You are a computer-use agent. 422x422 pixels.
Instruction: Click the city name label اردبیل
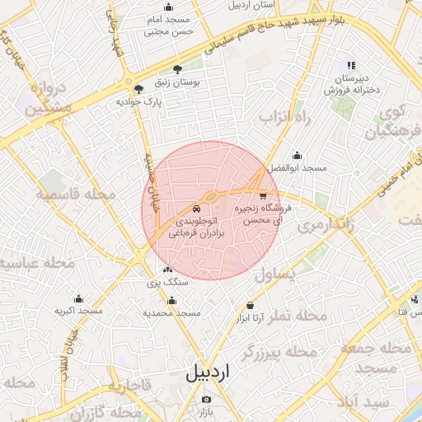click(x=210, y=372)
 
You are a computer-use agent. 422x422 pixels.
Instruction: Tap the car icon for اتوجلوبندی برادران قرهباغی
click(x=195, y=208)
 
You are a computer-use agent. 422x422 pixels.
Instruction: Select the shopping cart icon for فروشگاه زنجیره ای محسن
click(x=262, y=196)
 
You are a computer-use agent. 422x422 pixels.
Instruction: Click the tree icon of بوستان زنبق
click(x=177, y=70)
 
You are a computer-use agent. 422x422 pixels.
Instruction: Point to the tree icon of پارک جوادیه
click(x=137, y=89)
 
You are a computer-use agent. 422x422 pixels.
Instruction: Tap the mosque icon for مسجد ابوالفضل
click(x=297, y=156)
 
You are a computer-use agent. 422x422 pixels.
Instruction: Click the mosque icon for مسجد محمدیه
click(x=171, y=301)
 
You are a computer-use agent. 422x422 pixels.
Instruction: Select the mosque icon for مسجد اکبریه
click(x=78, y=298)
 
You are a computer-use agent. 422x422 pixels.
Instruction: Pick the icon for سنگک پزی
click(x=168, y=270)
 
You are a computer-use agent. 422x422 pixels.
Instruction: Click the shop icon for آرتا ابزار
click(x=251, y=305)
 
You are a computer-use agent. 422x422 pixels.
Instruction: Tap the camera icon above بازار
click(x=206, y=400)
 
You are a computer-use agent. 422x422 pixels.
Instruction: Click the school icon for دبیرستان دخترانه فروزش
click(x=351, y=64)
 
